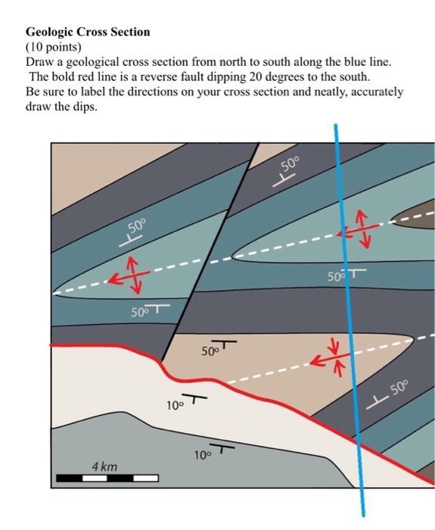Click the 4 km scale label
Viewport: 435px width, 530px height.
click(104, 466)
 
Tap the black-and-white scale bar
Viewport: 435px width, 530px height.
click(107, 479)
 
